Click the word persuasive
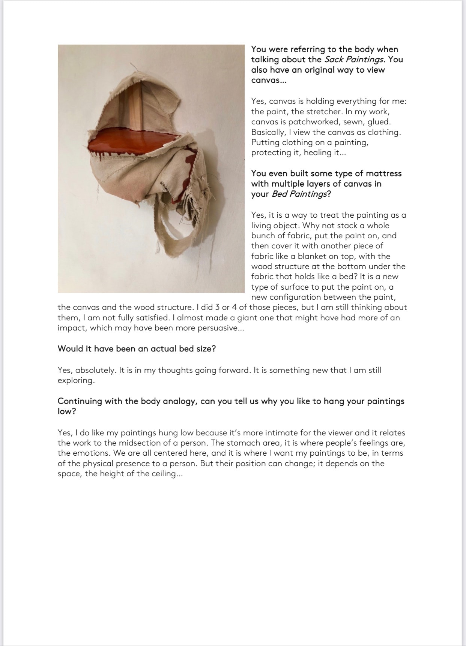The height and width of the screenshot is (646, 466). [x=218, y=328]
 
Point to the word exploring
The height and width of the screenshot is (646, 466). [x=75, y=380]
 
